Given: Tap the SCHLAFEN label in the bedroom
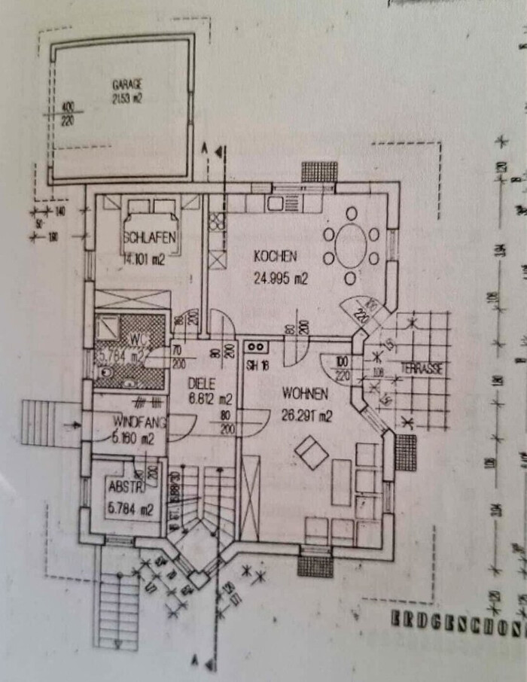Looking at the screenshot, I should click(x=149, y=239).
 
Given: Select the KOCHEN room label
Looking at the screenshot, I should click(x=275, y=256).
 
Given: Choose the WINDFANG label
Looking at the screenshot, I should click(x=139, y=422).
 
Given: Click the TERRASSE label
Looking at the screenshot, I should click(x=421, y=369).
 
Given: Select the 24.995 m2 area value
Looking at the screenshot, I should click(x=280, y=279).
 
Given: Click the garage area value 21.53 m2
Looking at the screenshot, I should click(x=127, y=99).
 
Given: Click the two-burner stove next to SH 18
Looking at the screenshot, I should click(x=257, y=347).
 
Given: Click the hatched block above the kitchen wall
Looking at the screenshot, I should click(x=319, y=171).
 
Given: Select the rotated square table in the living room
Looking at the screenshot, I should click(x=309, y=453).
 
